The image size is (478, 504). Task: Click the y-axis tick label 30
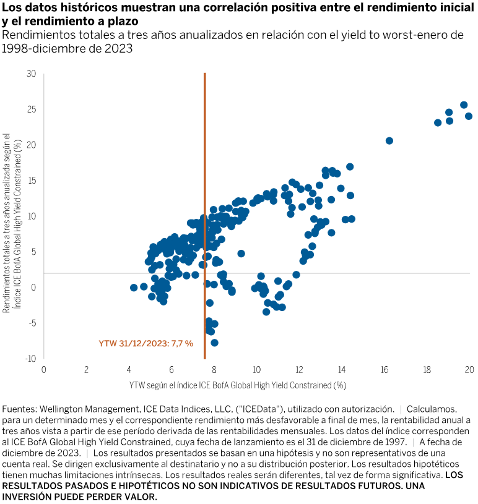coord(32,74)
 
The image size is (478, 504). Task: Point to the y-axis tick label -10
coord(30,359)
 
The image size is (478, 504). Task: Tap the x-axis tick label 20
coord(469,370)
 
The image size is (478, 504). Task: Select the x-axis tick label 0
coord(43,370)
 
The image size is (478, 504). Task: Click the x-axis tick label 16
coord(385,370)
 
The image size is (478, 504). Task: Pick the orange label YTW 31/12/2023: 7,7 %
coord(146,343)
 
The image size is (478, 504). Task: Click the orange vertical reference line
coord(204,186)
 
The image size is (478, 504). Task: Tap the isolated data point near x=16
coord(389,141)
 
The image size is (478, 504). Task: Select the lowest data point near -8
coord(214,343)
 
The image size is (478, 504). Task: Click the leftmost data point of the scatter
coord(134,288)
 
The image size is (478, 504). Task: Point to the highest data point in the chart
coord(464,105)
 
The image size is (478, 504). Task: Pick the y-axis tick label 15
coord(32,181)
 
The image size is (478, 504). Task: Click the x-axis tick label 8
coord(214,370)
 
